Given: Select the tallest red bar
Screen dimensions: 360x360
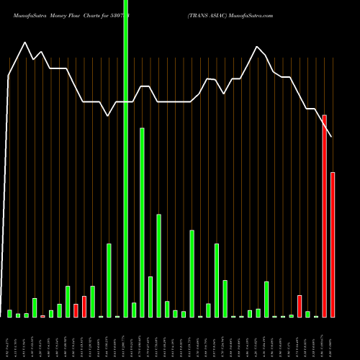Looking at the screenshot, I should tap(325, 216).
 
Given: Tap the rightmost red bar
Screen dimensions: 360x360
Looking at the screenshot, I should tap(333, 245).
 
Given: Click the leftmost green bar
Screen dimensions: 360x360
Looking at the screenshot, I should tap(10, 313).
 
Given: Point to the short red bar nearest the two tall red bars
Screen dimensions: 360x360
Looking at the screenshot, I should tap(300, 306).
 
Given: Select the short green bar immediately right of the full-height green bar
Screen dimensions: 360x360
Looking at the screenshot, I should tap(134, 310).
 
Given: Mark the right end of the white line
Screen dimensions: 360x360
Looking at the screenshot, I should tap(333, 137).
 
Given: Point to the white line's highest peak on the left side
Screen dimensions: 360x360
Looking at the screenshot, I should tap(26, 42).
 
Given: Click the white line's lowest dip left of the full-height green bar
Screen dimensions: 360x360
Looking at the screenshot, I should tap(109, 115).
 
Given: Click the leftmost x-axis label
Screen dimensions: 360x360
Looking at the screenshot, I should tap(10, 338).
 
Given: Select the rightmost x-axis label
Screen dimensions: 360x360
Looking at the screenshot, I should tap(333, 338).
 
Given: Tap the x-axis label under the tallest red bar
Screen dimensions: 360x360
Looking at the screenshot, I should tap(325, 338).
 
